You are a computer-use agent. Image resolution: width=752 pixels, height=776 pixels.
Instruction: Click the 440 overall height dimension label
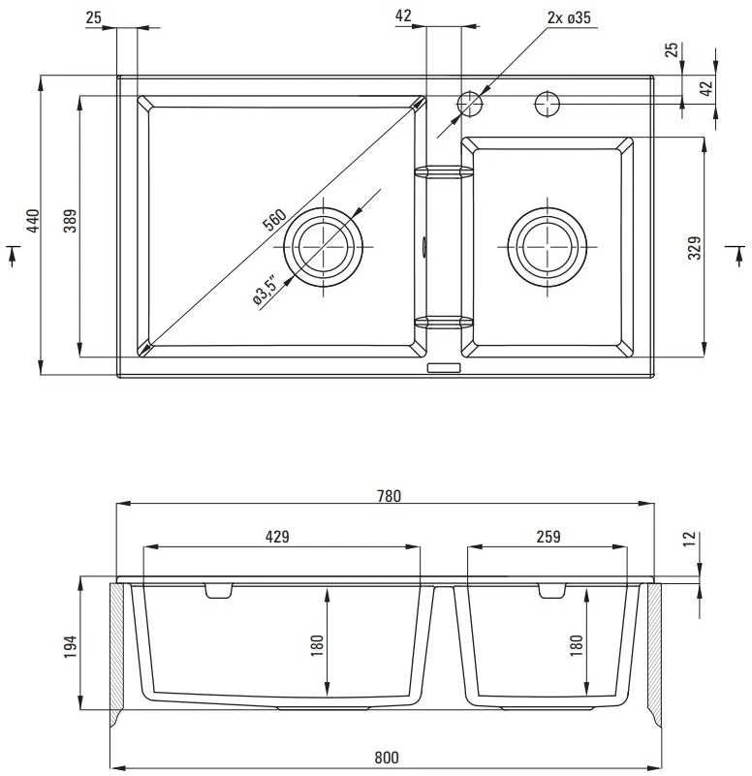[32, 221]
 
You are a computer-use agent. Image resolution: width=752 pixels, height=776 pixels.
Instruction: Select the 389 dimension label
[71, 221]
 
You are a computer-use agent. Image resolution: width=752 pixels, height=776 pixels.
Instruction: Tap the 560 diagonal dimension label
[274, 220]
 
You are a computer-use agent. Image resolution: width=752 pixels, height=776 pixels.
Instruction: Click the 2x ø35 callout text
[569, 17]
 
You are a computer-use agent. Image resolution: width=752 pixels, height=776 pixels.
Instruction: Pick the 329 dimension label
[695, 247]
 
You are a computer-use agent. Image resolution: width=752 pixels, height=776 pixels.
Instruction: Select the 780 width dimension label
[389, 495]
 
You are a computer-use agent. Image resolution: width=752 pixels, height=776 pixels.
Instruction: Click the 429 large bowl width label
[277, 536]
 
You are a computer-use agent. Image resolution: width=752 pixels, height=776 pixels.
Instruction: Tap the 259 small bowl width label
[548, 536]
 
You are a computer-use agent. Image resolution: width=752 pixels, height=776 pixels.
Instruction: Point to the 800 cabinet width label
[386, 758]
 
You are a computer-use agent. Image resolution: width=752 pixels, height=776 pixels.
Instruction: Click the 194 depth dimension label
[71, 646]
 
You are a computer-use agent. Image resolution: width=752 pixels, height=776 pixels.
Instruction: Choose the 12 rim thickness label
[689, 538]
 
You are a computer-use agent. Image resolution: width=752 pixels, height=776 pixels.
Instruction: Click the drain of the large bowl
[324, 246]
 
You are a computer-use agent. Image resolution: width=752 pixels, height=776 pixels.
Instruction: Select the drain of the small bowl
[548, 246]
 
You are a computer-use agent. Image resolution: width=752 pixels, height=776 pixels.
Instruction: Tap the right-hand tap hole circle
[548, 104]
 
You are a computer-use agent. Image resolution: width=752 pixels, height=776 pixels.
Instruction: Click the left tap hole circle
[469, 104]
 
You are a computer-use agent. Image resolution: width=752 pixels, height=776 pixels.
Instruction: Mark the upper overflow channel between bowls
[444, 171]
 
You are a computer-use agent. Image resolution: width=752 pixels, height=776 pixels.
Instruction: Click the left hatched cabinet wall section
[116, 654]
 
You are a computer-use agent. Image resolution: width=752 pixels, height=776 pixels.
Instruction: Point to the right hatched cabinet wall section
[654, 654]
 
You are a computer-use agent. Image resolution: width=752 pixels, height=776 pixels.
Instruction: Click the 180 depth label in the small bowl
[577, 645]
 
